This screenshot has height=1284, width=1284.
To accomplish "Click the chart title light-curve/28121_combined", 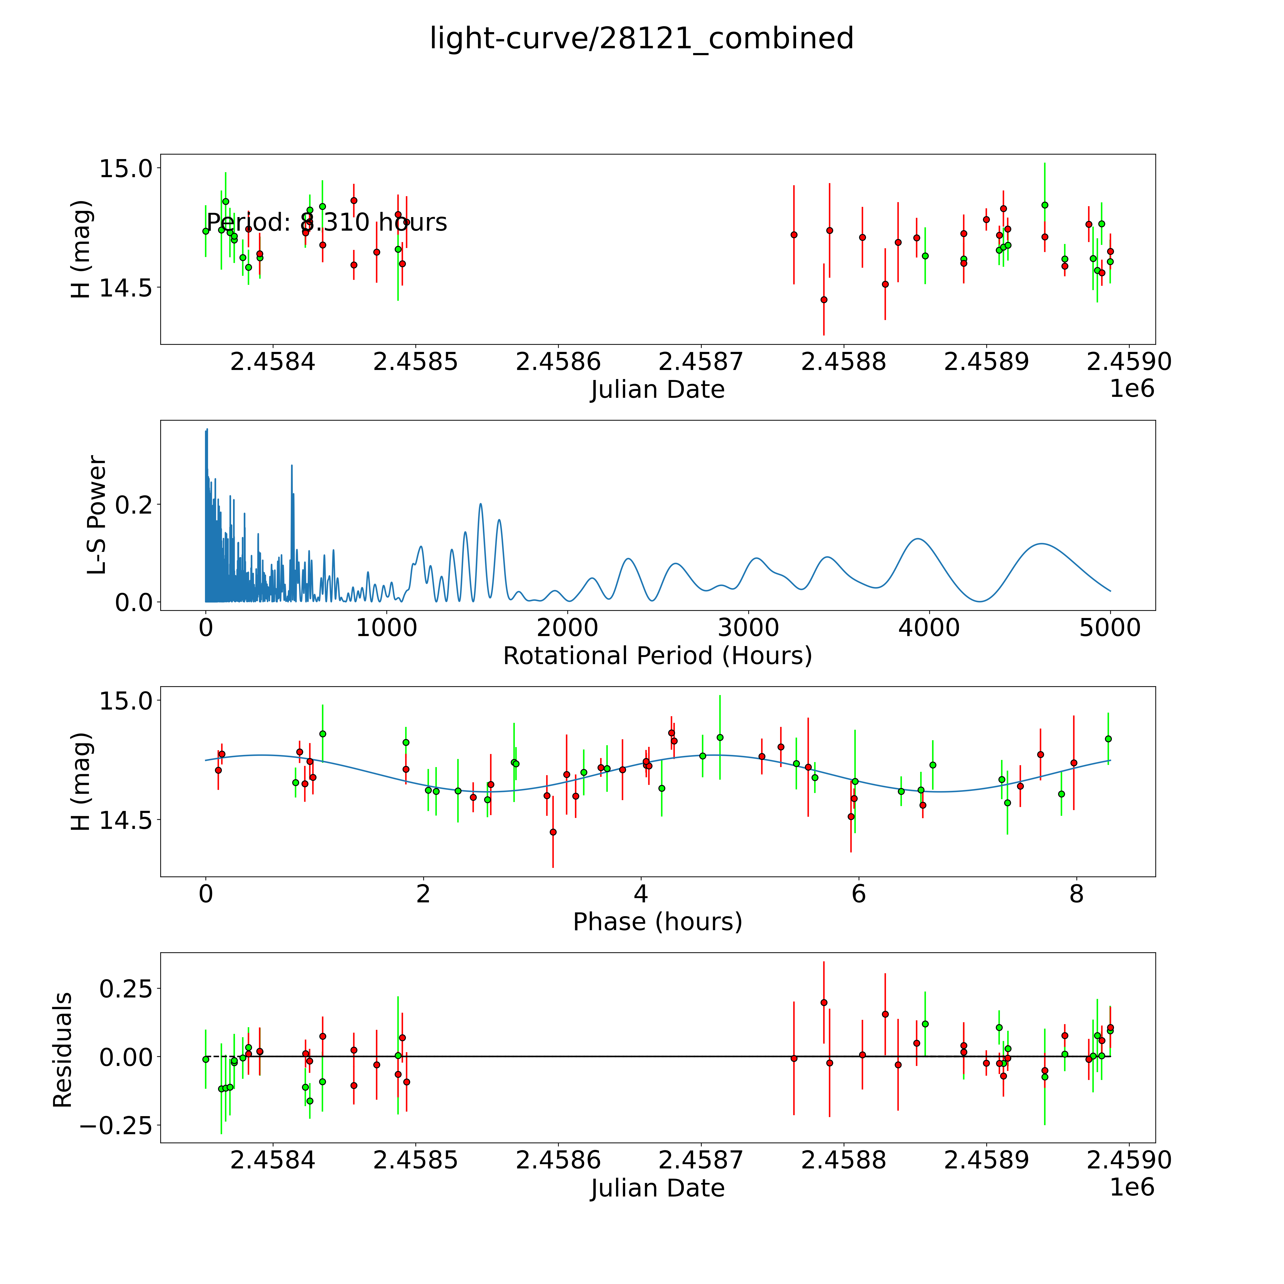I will click(x=641, y=39).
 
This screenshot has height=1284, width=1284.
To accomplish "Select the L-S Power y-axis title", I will click(x=97, y=515).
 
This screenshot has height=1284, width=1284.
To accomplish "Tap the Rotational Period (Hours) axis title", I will click(x=657, y=656).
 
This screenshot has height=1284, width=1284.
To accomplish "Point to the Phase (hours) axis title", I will click(x=657, y=922).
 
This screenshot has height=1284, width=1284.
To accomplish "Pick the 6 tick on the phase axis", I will click(x=859, y=894).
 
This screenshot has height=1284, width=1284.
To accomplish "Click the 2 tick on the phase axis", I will click(x=423, y=894).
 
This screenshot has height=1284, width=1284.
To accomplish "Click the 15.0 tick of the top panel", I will click(x=126, y=168).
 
